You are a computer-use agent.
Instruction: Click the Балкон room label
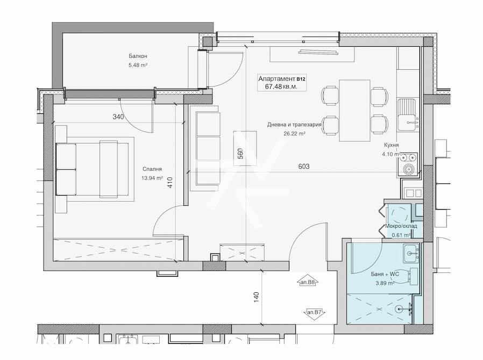(138, 56)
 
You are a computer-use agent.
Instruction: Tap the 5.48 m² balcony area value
(138, 65)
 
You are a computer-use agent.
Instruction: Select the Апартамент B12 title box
(281, 82)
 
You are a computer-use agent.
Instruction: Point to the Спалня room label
(152, 169)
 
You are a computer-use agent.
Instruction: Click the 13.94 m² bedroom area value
(152, 178)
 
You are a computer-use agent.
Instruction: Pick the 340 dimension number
(118, 117)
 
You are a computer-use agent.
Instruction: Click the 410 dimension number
(171, 183)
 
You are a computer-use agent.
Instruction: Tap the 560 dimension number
(240, 154)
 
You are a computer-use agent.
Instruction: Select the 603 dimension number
(304, 167)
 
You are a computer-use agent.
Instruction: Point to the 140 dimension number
(257, 297)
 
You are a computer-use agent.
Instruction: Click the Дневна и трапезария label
(294, 125)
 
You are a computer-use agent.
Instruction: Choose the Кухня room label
(392, 145)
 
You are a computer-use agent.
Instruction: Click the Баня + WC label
(385, 274)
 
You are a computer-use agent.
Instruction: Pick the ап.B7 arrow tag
(315, 312)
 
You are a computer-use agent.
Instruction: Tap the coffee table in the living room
(245, 148)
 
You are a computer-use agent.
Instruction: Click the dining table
(354, 111)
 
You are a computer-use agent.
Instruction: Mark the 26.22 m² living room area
(294, 134)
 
